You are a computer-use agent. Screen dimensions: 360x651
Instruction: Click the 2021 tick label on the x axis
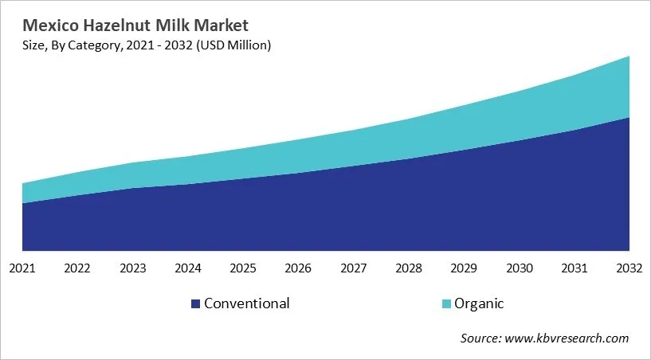pyautogui.click(x=22, y=268)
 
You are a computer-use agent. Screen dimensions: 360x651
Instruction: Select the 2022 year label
pyautogui.click(x=77, y=268)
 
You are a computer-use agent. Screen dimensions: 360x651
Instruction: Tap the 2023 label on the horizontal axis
pyautogui.click(x=133, y=268)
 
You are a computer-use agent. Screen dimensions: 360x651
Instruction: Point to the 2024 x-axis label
pyautogui.click(x=188, y=268)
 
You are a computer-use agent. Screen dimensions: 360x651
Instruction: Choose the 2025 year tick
pyautogui.click(x=243, y=268)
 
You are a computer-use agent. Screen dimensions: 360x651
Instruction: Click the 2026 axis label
pyautogui.click(x=299, y=268)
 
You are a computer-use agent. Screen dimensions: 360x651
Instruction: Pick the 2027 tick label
pyautogui.click(x=354, y=268)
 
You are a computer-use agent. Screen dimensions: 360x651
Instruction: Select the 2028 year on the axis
pyautogui.click(x=409, y=268)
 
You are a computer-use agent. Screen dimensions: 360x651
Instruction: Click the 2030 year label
pyautogui.click(x=520, y=268)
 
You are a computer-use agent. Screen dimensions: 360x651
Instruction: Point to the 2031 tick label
pyautogui.click(x=575, y=268)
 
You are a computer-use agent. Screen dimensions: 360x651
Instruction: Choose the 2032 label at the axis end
pyautogui.click(x=629, y=268)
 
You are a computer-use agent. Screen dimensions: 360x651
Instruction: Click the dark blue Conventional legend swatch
pyautogui.click(x=195, y=304)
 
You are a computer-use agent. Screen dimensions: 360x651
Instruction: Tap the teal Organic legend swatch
pyautogui.click(x=446, y=304)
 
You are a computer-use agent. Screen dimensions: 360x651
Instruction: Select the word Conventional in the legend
pyautogui.click(x=247, y=303)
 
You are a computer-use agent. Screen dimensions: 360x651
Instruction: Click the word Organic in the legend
pyautogui.click(x=479, y=303)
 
